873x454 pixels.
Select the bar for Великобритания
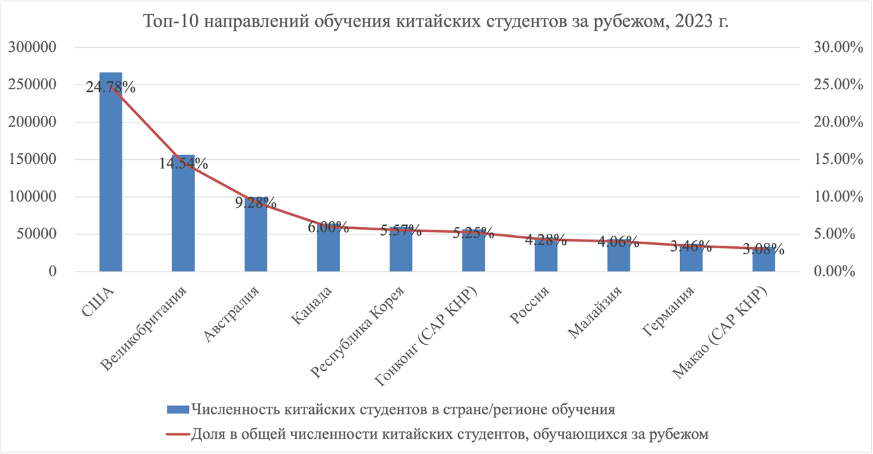tap(183, 220)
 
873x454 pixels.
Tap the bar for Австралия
tap(255, 240)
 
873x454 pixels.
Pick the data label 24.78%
tap(110, 87)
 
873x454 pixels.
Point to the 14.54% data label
tap(183, 163)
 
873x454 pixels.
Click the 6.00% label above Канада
tap(328, 227)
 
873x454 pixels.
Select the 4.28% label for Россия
tap(545, 240)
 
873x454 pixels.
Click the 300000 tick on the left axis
tap(33, 48)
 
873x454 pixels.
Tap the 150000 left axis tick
tap(33, 160)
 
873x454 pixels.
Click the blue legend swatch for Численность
tap(177, 408)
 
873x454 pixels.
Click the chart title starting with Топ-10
tap(436, 22)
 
